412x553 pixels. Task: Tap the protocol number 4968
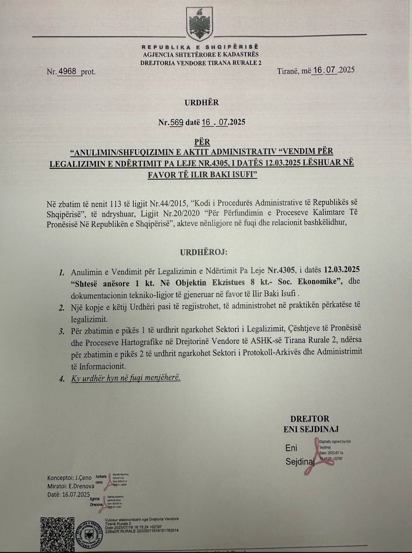(67, 71)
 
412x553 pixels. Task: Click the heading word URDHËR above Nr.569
(202, 102)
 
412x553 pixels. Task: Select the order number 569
(176, 122)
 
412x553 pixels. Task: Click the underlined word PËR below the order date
(202, 142)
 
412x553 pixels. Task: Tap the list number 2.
(62, 308)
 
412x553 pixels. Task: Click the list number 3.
(62, 331)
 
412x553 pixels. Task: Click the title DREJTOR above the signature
(310, 419)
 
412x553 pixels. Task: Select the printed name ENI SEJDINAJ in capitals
(311, 429)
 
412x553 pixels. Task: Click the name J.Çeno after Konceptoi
(83, 478)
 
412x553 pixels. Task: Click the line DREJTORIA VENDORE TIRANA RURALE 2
(201, 63)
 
